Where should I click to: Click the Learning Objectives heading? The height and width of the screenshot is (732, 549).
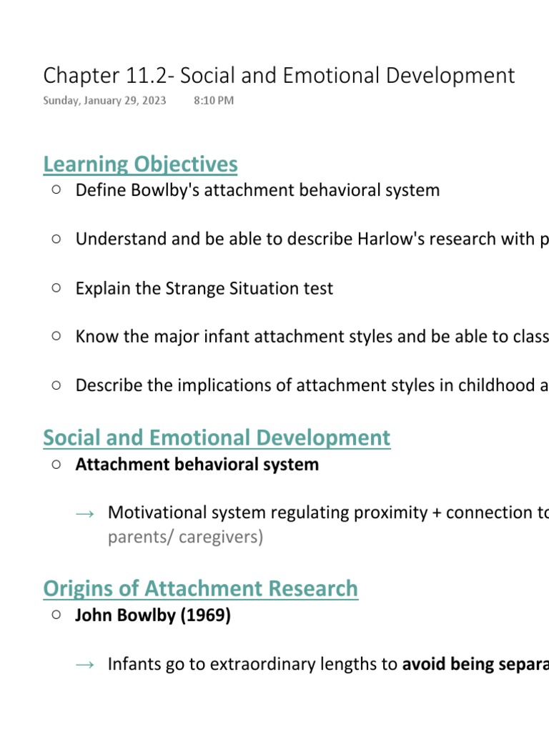coord(140,164)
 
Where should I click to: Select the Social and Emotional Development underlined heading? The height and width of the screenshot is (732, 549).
coord(217,437)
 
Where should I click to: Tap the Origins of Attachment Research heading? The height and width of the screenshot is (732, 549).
coord(200,588)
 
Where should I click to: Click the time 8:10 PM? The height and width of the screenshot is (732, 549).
coord(213,101)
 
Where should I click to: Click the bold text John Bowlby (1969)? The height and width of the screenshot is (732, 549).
coord(153,615)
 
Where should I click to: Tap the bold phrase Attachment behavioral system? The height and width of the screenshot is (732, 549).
coord(197,465)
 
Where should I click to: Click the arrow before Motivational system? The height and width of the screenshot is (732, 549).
coord(84,513)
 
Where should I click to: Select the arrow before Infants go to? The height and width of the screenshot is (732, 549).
coord(84,665)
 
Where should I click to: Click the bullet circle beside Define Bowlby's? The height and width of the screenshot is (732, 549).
coord(56,190)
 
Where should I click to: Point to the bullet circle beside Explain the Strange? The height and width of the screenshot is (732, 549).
coord(56,288)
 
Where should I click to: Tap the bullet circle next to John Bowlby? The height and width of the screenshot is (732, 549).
coord(56,615)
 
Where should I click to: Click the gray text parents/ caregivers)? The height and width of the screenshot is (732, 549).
coord(185,537)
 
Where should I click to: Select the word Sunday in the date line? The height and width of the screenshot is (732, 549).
coord(60,101)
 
